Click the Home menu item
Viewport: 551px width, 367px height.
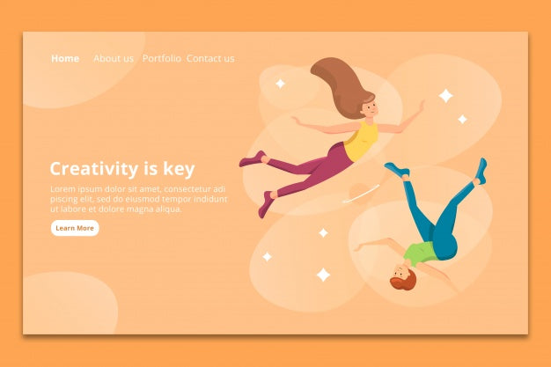pyautogui.click(x=65, y=59)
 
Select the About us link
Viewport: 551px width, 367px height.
pyautogui.click(x=114, y=59)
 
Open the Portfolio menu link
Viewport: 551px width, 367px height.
pyautogui.click(x=162, y=59)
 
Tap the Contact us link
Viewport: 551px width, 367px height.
pyautogui.click(x=210, y=59)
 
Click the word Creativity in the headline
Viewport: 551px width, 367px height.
pyautogui.click(x=94, y=169)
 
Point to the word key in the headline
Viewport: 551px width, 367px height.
pyautogui.click(x=180, y=169)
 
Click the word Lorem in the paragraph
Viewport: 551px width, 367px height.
pyautogui.click(x=63, y=189)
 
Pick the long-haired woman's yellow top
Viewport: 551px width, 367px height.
pyautogui.click(x=361, y=141)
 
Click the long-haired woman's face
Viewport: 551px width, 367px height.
pyautogui.click(x=371, y=110)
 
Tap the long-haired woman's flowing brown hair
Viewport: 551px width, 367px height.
pyautogui.click(x=339, y=84)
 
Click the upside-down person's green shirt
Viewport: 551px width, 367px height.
pyautogui.click(x=420, y=253)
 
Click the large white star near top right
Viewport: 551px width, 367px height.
pyautogui.click(x=445, y=95)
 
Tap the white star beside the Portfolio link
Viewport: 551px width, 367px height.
pyautogui.click(x=280, y=84)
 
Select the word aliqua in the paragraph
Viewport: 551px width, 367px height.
pyautogui.click(x=168, y=209)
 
